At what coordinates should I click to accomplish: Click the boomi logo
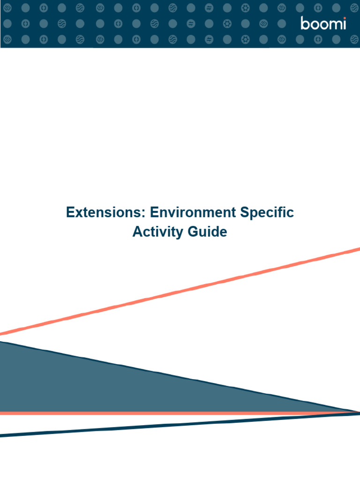coord(323,23)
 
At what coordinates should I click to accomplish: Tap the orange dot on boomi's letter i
coord(344,18)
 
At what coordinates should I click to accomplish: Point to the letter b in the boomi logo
coord(305,23)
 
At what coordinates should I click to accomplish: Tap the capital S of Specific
coord(244,212)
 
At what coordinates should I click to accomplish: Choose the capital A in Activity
coord(137,232)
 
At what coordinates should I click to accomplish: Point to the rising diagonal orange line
coord(187,291)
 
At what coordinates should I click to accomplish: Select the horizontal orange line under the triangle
coord(141,413)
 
